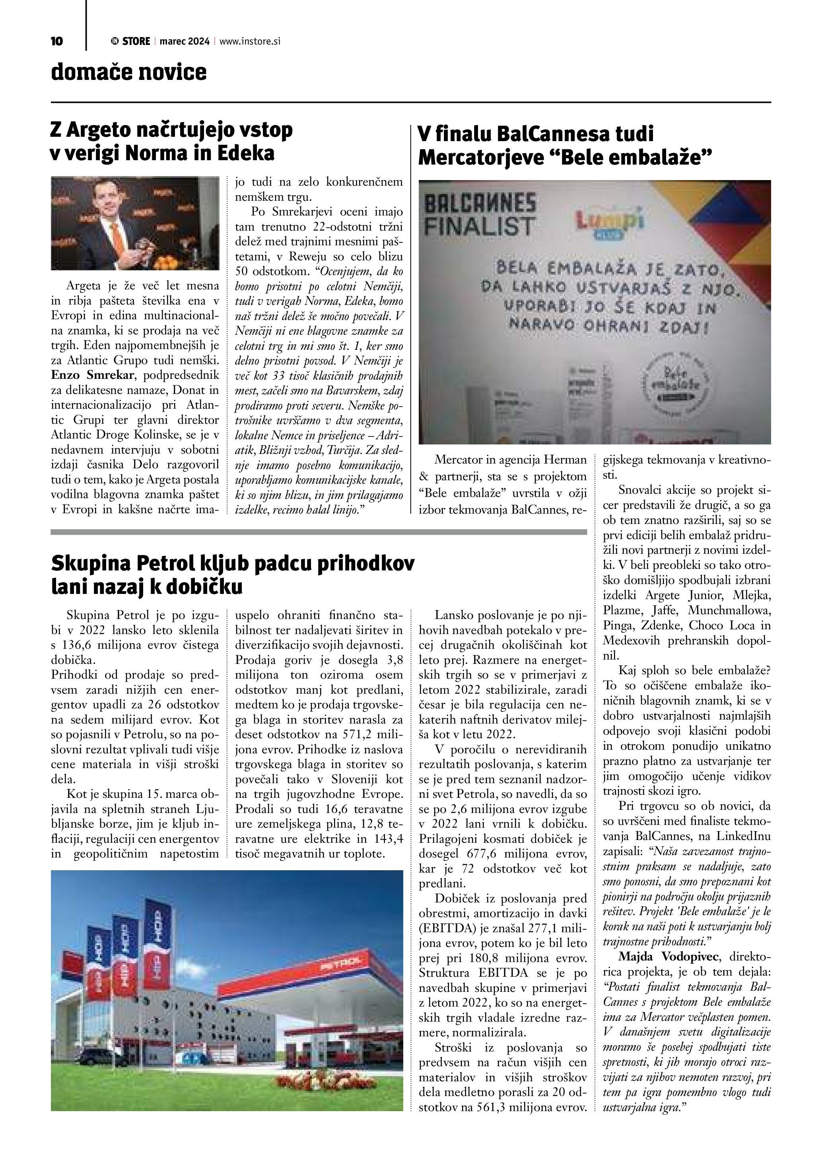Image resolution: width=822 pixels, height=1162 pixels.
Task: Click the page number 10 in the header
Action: click(x=57, y=41)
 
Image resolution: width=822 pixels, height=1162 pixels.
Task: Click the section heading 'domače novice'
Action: click(x=128, y=72)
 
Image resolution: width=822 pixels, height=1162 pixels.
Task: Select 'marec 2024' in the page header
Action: click(x=184, y=41)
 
